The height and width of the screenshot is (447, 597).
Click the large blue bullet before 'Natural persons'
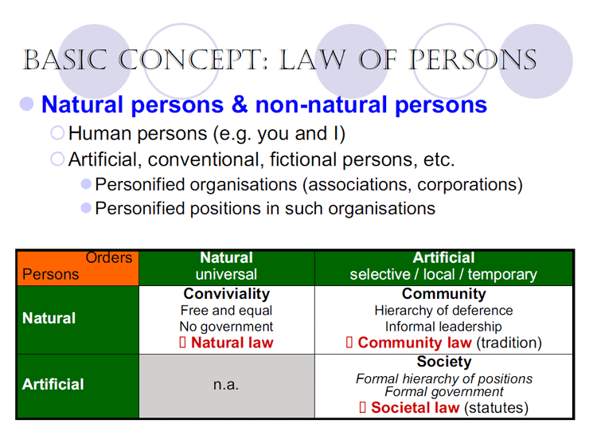28,104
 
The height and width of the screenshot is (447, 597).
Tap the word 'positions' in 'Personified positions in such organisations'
240,209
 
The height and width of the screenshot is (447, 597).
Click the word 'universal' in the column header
227,275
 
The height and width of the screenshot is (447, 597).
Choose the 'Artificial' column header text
443,258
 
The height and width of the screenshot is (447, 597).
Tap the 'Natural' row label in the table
49,319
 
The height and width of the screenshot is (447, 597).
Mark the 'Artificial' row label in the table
53,385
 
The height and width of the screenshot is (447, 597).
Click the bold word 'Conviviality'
227,294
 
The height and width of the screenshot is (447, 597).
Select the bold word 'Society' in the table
443,363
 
